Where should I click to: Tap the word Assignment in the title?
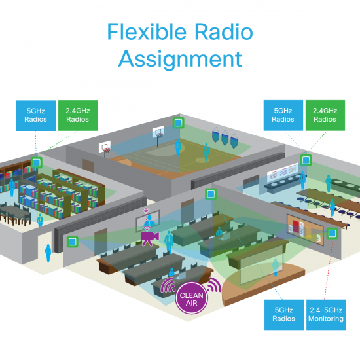(180, 59)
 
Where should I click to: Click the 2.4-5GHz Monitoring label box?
(325, 313)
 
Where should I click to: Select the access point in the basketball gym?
(177, 122)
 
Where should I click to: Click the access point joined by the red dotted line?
(332, 233)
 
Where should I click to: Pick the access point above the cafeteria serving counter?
(305, 159)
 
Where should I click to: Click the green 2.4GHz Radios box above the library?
(78, 116)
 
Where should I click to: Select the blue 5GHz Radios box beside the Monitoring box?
(283, 313)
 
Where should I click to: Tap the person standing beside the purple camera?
(168, 240)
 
